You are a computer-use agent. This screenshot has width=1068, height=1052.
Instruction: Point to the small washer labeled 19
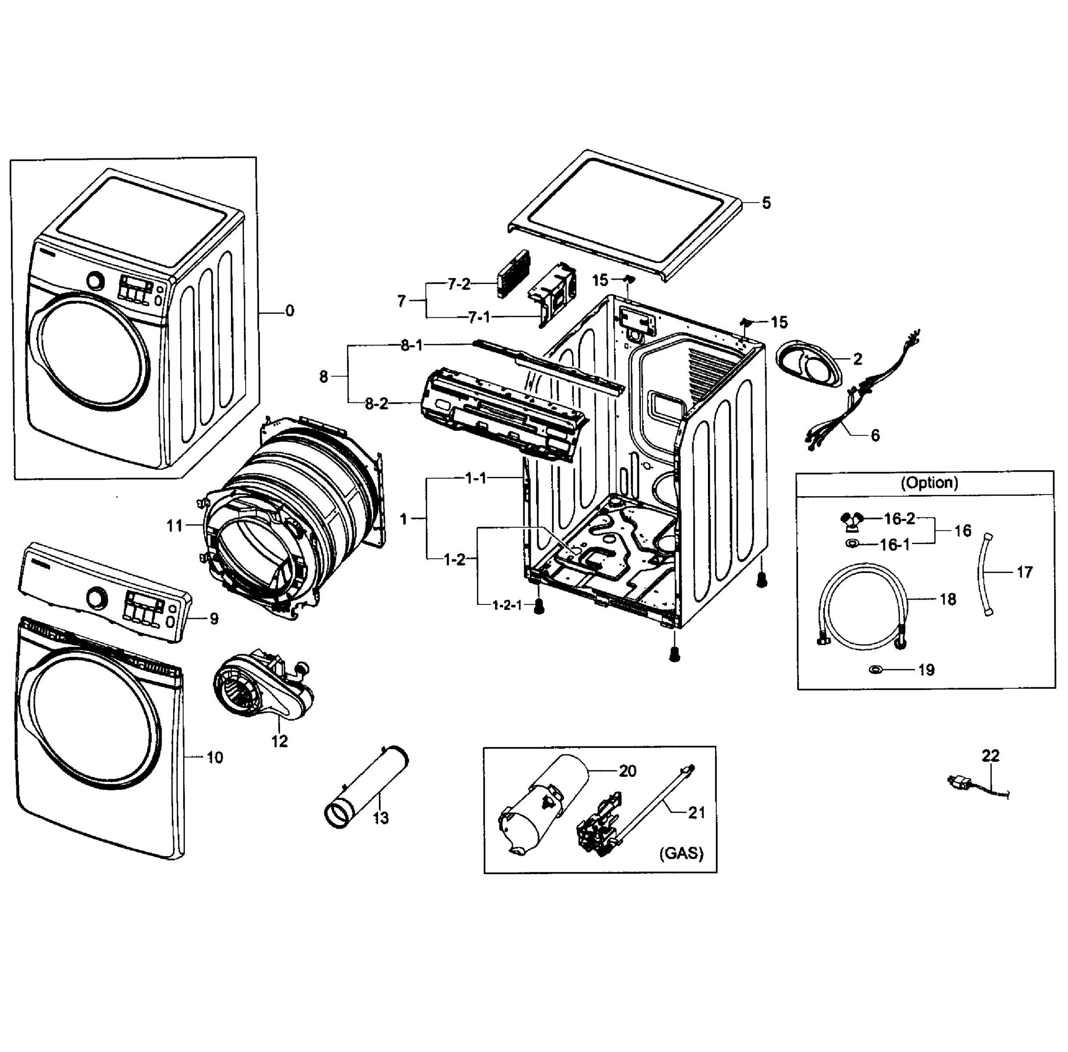875,670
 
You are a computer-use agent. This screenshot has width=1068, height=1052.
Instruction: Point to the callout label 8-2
377,404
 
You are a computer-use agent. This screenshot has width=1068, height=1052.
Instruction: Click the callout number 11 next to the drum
174,526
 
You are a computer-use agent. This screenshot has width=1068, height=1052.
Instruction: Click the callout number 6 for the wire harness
875,435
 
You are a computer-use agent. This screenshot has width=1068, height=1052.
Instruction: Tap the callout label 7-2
458,284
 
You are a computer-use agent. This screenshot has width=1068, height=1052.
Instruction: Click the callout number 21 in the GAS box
697,812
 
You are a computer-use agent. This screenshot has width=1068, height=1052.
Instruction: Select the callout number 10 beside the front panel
215,757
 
